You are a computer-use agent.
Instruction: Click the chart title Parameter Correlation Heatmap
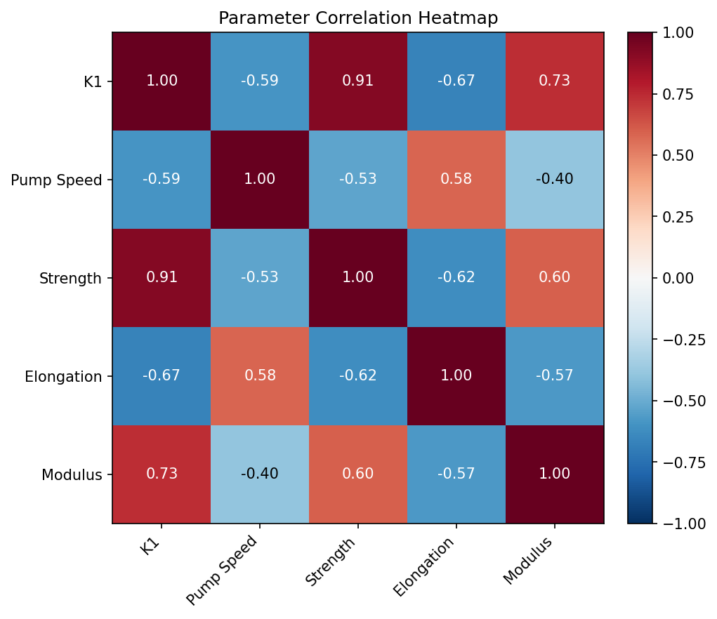[358, 18]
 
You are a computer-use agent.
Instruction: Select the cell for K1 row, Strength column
[358, 81]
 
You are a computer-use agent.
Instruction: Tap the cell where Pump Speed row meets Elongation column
[456, 179]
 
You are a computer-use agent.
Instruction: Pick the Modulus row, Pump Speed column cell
[260, 474]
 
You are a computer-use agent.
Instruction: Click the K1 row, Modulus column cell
[555, 81]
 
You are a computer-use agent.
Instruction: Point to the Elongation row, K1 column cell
[162, 375]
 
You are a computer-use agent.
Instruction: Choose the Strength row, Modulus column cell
[555, 277]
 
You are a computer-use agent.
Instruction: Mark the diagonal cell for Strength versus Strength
[358, 277]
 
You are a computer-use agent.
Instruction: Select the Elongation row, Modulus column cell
[555, 375]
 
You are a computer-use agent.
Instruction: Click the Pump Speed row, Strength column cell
[358, 179]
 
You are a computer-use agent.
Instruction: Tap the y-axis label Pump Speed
[56, 180]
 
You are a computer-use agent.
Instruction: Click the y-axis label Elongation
[63, 376]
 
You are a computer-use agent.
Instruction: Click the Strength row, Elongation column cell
[456, 277]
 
